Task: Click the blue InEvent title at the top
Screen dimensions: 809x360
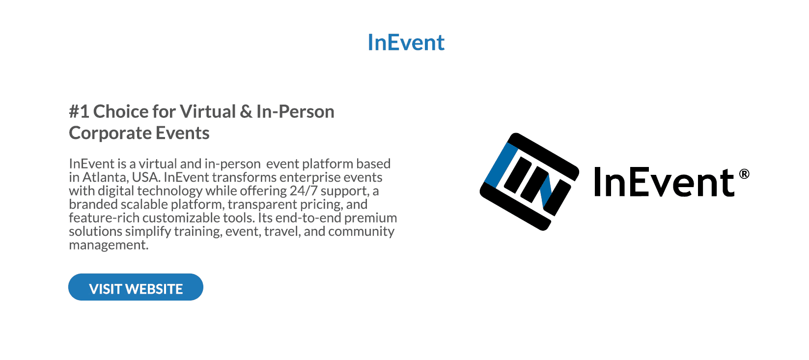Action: (x=406, y=42)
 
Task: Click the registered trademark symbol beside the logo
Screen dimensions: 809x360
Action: (x=744, y=174)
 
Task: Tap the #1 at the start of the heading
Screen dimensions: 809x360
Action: (x=79, y=111)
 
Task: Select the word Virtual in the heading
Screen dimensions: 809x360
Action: (x=208, y=111)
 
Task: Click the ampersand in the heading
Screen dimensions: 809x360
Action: (x=246, y=111)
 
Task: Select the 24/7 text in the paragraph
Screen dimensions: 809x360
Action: (x=304, y=191)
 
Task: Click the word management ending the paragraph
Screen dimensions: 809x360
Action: (x=109, y=245)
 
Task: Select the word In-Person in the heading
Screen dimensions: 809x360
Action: (x=295, y=111)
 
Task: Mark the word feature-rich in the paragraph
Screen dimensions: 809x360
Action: (x=104, y=218)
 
